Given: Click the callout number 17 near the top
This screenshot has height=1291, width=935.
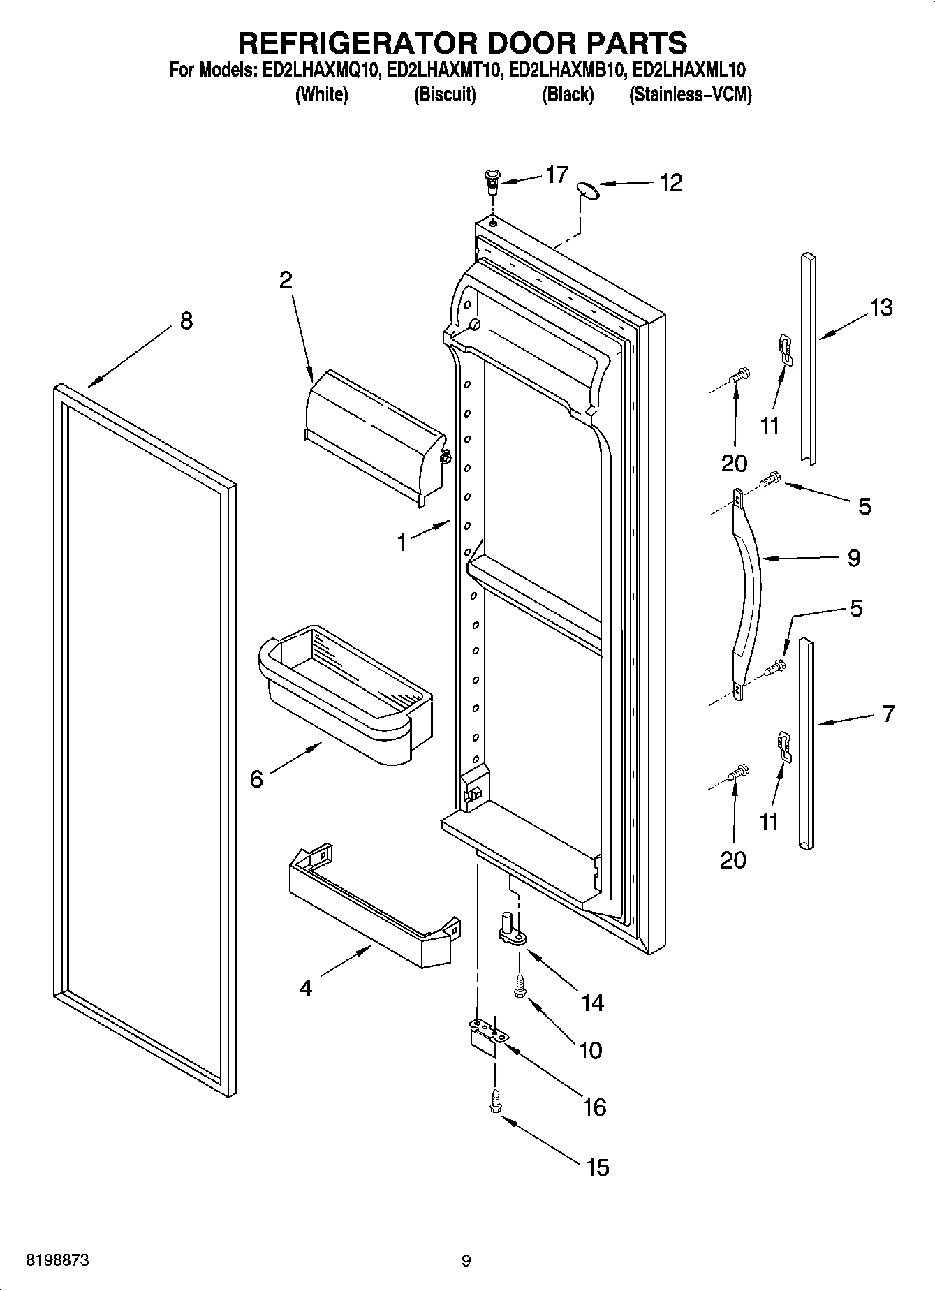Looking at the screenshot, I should pyautogui.click(x=557, y=174).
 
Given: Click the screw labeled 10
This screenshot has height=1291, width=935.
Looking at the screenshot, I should pyautogui.click(x=520, y=986).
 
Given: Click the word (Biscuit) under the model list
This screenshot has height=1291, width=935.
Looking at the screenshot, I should pyautogui.click(x=445, y=94).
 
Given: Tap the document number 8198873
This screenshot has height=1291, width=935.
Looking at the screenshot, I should pyautogui.click(x=57, y=1260).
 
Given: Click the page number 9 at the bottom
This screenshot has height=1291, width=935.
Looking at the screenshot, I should pyautogui.click(x=466, y=1260).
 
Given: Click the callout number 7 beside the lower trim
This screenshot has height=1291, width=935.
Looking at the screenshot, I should pyautogui.click(x=888, y=714).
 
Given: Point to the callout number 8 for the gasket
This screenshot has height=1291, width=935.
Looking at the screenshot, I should pyautogui.click(x=185, y=321).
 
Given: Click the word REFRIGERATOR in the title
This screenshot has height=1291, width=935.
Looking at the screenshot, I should pyautogui.click(x=358, y=43).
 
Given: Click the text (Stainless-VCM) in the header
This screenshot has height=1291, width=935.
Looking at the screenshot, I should pyautogui.click(x=690, y=94).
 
